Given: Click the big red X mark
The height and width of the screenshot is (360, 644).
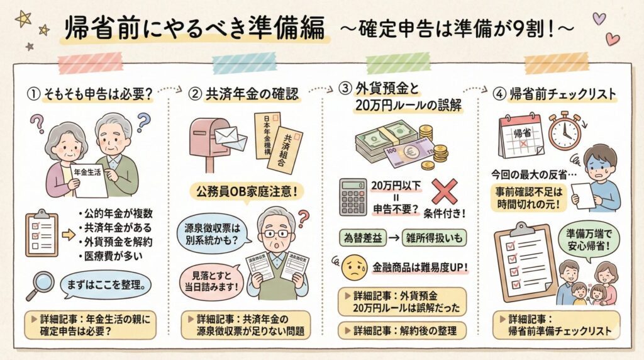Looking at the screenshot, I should click(x=444, y=191).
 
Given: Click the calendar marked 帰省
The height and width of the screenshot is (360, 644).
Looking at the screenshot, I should click(x=520, y=135).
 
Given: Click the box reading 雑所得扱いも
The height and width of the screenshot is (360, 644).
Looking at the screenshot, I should click(x=438, y=238).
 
